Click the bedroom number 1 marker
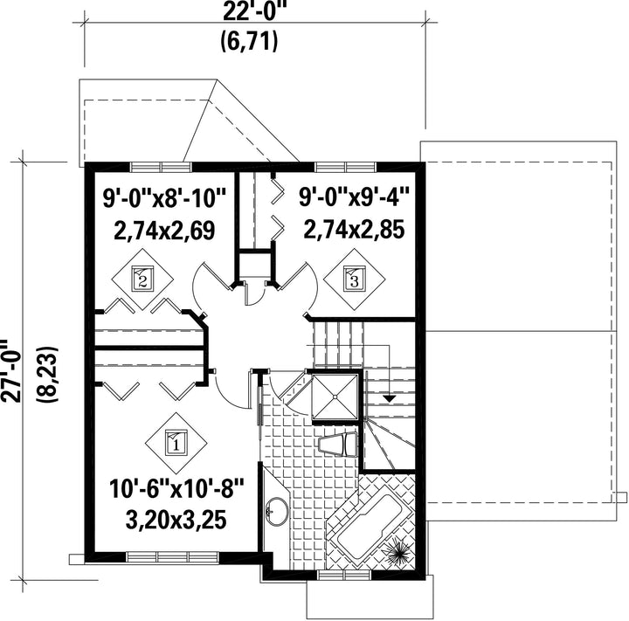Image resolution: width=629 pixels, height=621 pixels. click(x=176, y=444)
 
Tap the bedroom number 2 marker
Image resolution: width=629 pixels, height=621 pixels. click(x=142, y=279)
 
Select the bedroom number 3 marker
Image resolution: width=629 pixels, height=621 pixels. click(x=354, y=279)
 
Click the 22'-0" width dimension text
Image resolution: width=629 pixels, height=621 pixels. click(x=250, y=12)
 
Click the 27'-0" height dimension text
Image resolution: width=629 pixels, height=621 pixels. click(x=10, y=370)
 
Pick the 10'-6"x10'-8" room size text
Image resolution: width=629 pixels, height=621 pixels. click(x=176, y=488)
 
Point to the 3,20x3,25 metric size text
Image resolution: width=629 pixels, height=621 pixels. click(x=176, y=520)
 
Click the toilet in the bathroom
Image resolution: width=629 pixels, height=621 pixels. click(x=337, y=444)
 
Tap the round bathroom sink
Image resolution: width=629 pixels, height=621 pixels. click(x=277, y=511)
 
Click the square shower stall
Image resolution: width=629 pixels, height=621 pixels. click(x=335, y=397)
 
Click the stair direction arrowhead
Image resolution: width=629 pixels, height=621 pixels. click(x=389, y=399)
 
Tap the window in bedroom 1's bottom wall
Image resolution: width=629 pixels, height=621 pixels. click(x=172, y=557)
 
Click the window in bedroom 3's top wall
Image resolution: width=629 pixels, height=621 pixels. click(x=346, y=167)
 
